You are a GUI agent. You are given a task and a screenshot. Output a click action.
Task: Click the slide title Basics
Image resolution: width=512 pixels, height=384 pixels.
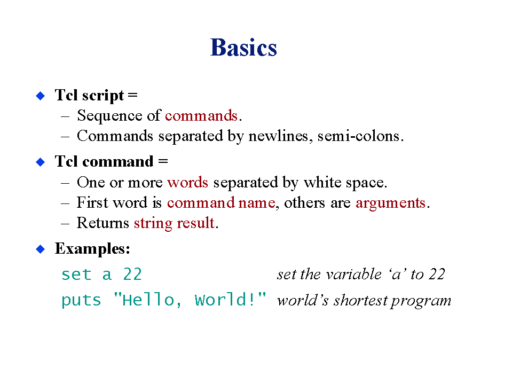click(243, 48)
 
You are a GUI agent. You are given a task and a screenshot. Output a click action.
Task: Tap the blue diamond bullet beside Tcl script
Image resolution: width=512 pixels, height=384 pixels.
click(40, 96)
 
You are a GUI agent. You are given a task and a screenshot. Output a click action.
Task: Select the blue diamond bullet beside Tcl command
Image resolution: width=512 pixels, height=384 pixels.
click(40, 162)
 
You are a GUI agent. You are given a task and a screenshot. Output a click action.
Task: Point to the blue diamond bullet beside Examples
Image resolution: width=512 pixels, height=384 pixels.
click(40, 249)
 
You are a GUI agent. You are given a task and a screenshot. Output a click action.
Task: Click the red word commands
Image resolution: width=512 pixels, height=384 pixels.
click(201, 115)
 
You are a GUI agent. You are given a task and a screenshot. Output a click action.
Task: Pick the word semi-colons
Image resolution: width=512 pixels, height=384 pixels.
click(359, 136)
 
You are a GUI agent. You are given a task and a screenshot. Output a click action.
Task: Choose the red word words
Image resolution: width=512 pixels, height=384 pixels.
click(188, 182)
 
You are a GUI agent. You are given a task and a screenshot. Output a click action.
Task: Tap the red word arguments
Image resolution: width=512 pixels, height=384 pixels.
click(391, 203)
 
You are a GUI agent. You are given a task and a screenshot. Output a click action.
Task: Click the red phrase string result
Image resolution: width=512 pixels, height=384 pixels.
click(175, 223)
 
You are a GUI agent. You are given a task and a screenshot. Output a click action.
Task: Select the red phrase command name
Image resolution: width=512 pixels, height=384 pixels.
click(221, 203)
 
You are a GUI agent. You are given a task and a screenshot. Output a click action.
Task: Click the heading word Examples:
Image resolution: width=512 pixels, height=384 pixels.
click(93, 249)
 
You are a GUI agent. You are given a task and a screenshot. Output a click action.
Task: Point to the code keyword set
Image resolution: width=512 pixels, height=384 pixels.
click(76, 275)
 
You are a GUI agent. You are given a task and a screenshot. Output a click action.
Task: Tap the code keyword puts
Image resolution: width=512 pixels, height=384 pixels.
click(81, 300)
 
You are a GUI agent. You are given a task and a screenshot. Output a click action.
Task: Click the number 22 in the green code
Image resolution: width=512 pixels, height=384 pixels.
click(132, 275)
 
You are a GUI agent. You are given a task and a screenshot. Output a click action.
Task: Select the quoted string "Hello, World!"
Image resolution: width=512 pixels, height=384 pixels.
click(190, 300)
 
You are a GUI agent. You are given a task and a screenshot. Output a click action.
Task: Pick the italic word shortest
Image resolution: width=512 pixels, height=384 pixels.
click(360, 300)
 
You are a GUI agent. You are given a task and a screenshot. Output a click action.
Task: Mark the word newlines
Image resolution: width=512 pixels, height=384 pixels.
click(278, 136)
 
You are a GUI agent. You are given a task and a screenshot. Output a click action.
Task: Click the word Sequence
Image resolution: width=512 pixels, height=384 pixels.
click(109, 116)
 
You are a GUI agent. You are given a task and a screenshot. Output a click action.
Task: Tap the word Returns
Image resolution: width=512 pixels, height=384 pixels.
click(103, 223)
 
